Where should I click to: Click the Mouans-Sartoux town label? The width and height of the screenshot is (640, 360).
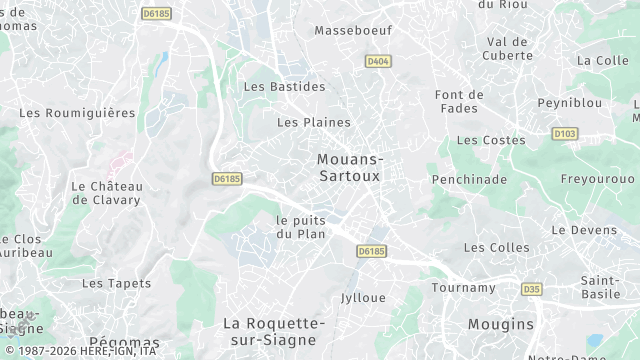[x=349, y=167]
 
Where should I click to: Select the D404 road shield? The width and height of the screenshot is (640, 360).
[x=377, y=61]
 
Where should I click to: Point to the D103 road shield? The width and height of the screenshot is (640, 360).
[x=564, y=133]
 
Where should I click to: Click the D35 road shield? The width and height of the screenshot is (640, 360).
[x=531, y=289]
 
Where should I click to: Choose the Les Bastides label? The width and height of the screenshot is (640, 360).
[x=285, y=87]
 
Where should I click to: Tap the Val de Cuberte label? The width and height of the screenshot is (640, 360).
[x=507, y=48]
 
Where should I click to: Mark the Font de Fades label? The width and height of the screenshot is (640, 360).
[x=460, y=101]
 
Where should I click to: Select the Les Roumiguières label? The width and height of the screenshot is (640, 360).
[x=77, y=113]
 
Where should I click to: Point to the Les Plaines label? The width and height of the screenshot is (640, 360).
[x=314, y=123]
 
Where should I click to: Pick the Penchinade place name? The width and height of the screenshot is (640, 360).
[x=469, y=180]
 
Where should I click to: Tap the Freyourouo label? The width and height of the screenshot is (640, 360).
[x=597, y=179]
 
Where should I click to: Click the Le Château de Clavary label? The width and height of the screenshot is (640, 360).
[x=107, y=192]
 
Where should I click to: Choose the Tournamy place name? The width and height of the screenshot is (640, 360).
[x=463, y=288]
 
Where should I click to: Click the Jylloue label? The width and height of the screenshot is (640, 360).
[x=363, y=298]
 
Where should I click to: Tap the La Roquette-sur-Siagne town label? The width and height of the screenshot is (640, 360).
[x=274, y=331]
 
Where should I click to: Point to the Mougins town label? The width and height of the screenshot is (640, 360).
[x=501, y=325]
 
